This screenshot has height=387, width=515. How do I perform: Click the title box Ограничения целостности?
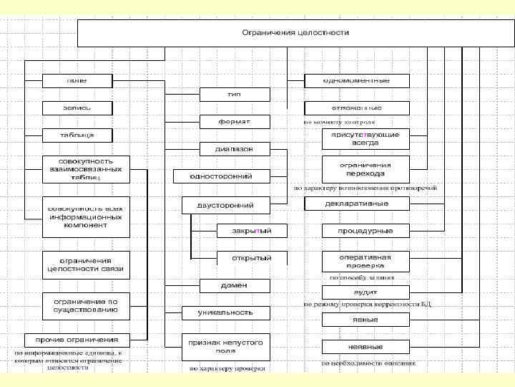point(295,33)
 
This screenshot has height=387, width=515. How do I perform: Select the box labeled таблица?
point(77,135)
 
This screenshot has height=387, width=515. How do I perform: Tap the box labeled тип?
point(235,95)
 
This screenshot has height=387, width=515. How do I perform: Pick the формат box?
point(235,122)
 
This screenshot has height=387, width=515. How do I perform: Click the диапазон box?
point(235,149)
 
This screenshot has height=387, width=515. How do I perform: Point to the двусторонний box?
point(226,205)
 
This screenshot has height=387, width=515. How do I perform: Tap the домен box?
point(235,285)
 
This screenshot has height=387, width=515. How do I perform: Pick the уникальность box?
point(226,312)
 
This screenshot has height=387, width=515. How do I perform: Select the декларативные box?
point(366,204)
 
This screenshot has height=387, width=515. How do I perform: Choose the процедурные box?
point(366,231)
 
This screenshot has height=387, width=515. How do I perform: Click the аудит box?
point(366,292)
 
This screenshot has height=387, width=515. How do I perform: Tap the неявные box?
point(366,346)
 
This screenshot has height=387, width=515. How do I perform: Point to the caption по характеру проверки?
point(227,369)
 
